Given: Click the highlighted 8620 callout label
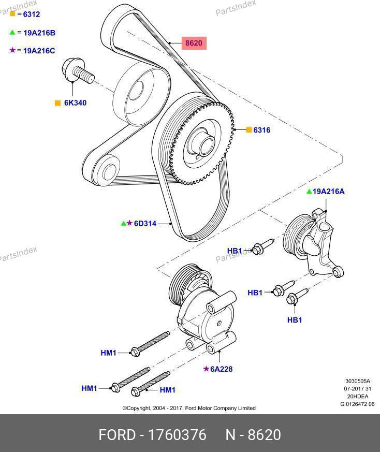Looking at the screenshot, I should (193, 43).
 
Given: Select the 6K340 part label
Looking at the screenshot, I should (75, 103).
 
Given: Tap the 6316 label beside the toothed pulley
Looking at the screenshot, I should (261, 130).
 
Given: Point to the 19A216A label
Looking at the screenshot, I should (329, 192).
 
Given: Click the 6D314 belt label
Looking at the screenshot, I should (145, 224).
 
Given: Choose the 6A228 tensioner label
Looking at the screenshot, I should (221, 369).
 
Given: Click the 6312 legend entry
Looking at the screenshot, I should (28, 14).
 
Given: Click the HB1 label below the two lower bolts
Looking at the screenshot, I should (294, 320).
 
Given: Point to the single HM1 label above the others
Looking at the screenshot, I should (108, 353).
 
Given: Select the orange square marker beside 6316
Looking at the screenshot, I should (249, 130).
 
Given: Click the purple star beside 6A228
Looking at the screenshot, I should (206, 369).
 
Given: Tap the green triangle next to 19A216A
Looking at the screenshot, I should (309, 192).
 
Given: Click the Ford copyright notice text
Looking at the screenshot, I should (188, 408).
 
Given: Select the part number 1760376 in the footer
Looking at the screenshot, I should (177, 435).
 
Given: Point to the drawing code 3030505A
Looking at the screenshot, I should (358, 382).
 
